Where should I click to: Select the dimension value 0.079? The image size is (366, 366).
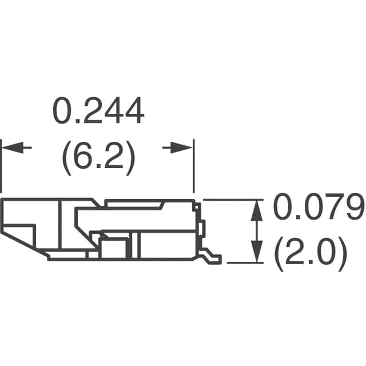(x=318, y=209)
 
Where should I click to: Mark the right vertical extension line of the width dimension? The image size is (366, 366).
(x=194, y=166)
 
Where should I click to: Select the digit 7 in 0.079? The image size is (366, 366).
(x=330, y=209)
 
